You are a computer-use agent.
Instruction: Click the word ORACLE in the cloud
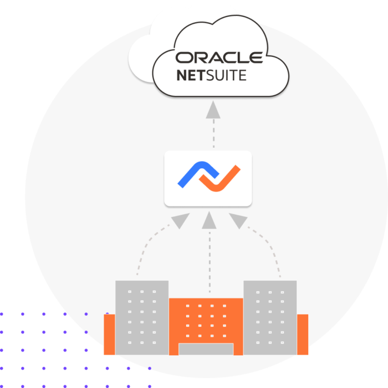[x=219, y=58]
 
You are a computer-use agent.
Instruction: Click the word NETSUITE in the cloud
[x=211, y=75]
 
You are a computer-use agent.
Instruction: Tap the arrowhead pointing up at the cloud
[x=213, y=110]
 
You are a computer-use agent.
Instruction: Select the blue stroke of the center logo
[x=198, y=174]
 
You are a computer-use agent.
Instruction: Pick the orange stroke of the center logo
[x=220, y=179]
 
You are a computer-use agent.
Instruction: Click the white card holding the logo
[x=208, y=178]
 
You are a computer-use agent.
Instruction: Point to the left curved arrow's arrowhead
[x=180, y=220]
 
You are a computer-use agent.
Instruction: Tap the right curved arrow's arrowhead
[x=238, y=220]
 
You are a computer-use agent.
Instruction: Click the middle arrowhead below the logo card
[x=209, y=220]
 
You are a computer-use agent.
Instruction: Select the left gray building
[x=142, y=318]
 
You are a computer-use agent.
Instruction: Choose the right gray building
[x=270, y=318]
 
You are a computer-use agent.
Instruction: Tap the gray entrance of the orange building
[x=206, y=349]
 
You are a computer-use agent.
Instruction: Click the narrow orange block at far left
[x=109, y=334]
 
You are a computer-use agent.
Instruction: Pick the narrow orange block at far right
[x=303, y=334]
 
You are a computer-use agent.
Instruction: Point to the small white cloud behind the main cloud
[x=140, y=58]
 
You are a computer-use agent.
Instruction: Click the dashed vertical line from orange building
[x=210, y=262]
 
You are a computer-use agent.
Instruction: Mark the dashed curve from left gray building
[x=146, y=245]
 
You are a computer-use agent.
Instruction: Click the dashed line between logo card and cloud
[x=213, y=133]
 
